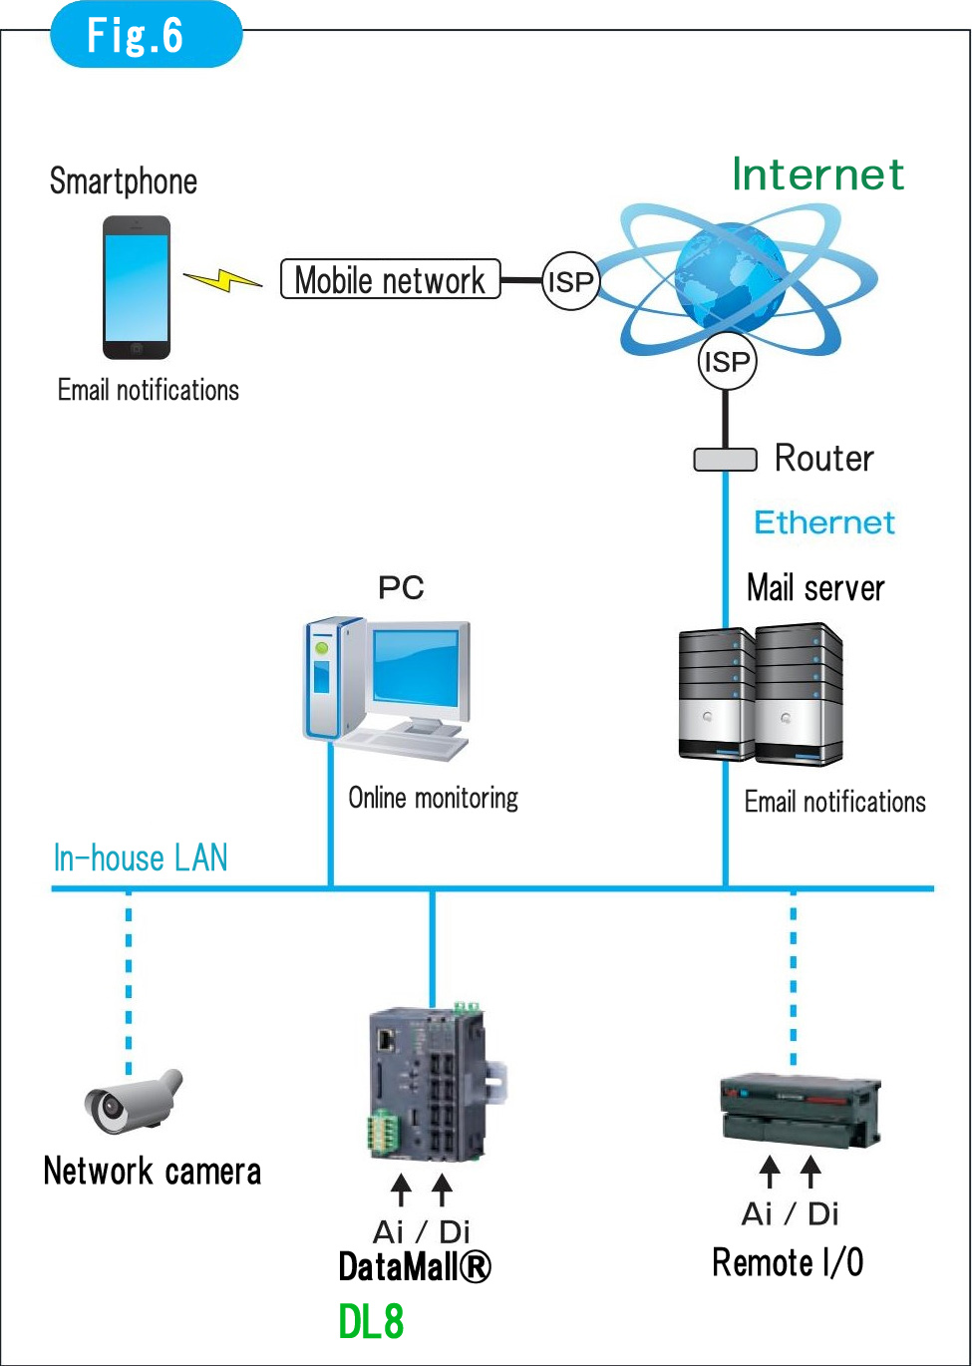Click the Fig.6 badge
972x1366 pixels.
click(x=146, y=35)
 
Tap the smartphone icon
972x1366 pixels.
click(x=137, y=287)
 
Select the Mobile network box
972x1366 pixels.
click(x=390, y=280)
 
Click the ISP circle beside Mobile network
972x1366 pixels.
click(x=570, y=281)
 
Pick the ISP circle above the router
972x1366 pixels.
click(x=726, y=362)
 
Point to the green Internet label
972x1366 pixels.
click(x=817, y=174)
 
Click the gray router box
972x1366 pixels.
click(x=725, y=460)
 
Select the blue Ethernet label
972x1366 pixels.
click(x=824, y=522)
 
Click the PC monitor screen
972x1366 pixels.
click(x=416, y=669)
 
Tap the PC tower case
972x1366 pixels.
click(x=333, y=678)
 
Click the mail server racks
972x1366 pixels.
click(x=761, y=695)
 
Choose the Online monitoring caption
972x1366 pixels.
click(x=433, y=798)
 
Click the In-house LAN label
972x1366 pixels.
click(x=141, y=857)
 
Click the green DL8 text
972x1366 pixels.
click(x=371, y=1322)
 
